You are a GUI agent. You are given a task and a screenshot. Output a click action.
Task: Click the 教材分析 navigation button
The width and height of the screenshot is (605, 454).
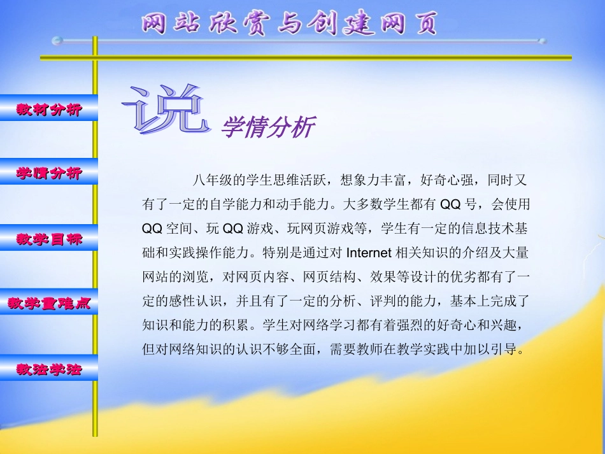pos(49,109)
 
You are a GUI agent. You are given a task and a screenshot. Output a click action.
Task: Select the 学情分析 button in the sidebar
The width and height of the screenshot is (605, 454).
pos(49,173)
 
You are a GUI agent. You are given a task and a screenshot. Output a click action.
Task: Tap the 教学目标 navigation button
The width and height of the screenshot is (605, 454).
pos(49,239)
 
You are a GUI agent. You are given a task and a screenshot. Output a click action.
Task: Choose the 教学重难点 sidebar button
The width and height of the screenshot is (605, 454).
pos(49,304)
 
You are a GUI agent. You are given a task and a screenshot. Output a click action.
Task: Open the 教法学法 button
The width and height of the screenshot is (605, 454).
pos(49,369)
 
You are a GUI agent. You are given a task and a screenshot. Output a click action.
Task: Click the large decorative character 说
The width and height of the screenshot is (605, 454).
pos(167,110)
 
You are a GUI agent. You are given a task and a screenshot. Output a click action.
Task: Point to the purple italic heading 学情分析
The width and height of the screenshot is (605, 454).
pos(267,128)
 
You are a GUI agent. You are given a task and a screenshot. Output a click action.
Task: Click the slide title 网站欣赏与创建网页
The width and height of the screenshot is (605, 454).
pos(290,24)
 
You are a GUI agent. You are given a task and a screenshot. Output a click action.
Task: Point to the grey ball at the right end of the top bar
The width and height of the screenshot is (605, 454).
pos(542,41)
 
